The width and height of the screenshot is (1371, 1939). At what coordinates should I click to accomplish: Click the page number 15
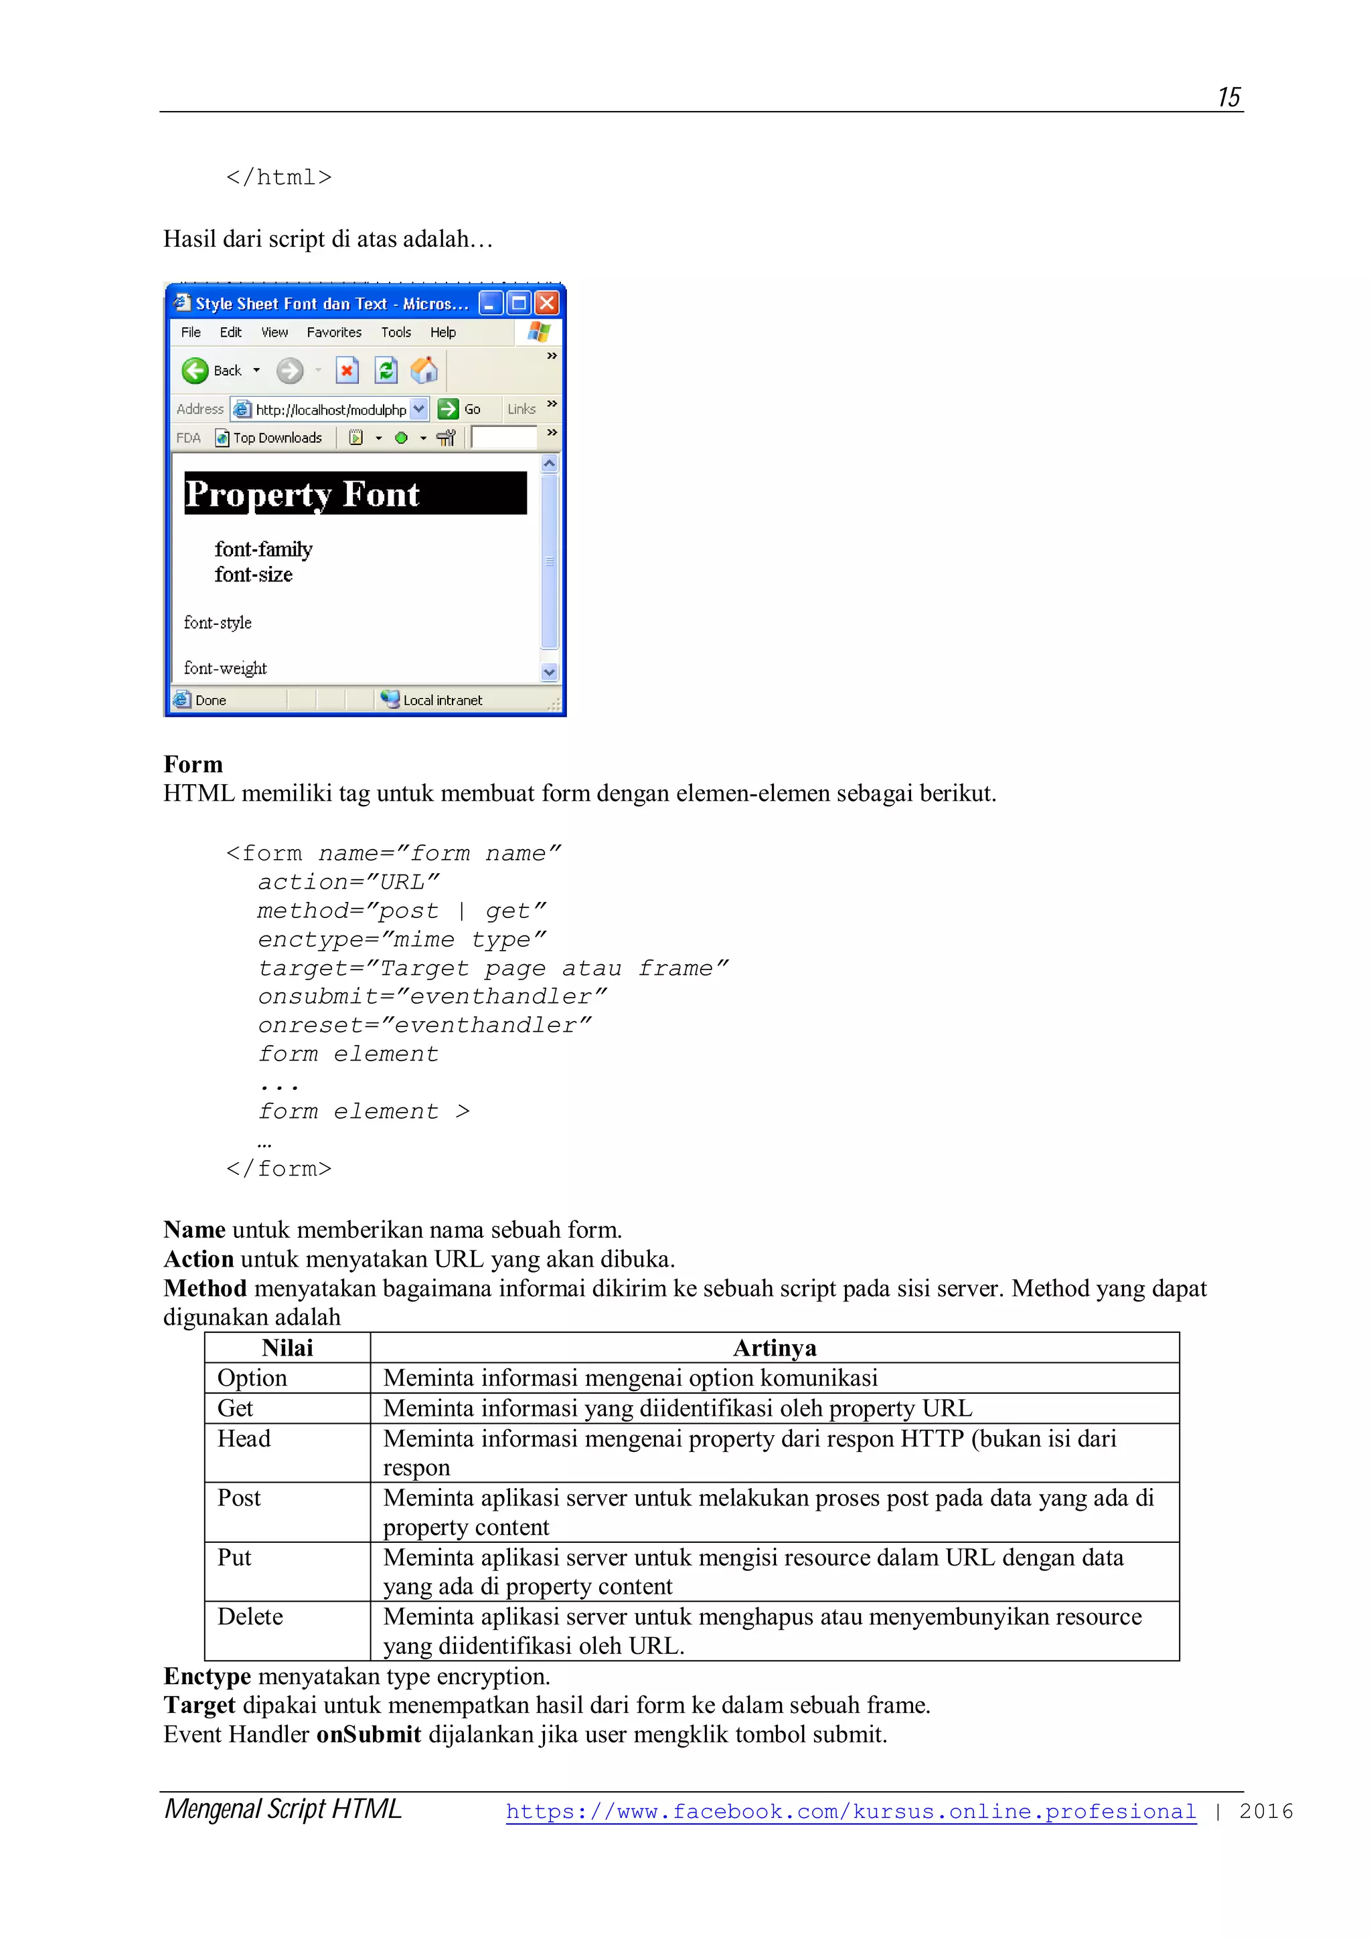point(1228,97)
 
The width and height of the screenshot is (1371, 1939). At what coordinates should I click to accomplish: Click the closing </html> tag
point(278,177)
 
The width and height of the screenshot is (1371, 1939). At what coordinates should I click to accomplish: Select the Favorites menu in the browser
point(333,333)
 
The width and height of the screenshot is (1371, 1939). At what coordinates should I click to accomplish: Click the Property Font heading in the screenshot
point(303,494)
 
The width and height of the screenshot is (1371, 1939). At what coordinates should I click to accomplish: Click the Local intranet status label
point(442,700)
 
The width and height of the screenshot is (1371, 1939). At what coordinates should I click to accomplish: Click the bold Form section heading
point(193,764)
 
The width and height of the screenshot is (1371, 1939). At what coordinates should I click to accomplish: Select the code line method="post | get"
point(401,911)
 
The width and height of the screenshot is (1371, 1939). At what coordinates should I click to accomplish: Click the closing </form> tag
point(278,1169)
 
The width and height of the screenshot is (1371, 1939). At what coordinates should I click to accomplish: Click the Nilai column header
point(287,1348)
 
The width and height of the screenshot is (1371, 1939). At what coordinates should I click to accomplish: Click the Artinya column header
point(775,1348)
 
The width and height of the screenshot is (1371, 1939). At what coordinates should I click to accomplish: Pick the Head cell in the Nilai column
point(244,1439)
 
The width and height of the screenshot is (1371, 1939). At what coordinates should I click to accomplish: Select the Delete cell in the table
point(250,1617)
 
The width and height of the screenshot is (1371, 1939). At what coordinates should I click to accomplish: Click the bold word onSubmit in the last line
point(368,1735)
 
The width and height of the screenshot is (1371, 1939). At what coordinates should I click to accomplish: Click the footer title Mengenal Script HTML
point(283,1809)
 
